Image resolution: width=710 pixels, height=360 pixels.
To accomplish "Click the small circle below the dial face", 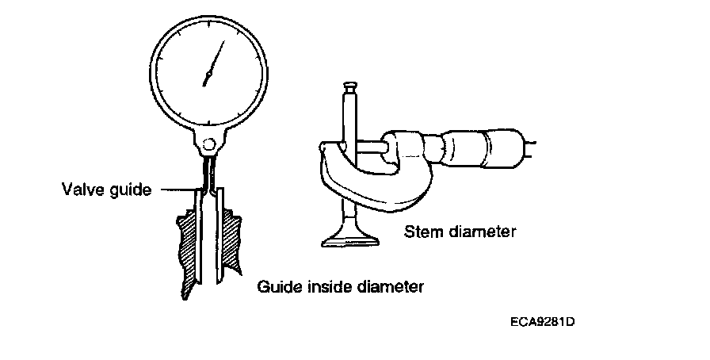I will pos(208,144).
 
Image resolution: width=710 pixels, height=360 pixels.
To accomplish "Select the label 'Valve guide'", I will pos(105,190).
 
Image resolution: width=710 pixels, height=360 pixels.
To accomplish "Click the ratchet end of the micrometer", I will pos(529,144).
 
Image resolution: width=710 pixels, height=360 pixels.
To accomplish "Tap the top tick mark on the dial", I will pos(208,20).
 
